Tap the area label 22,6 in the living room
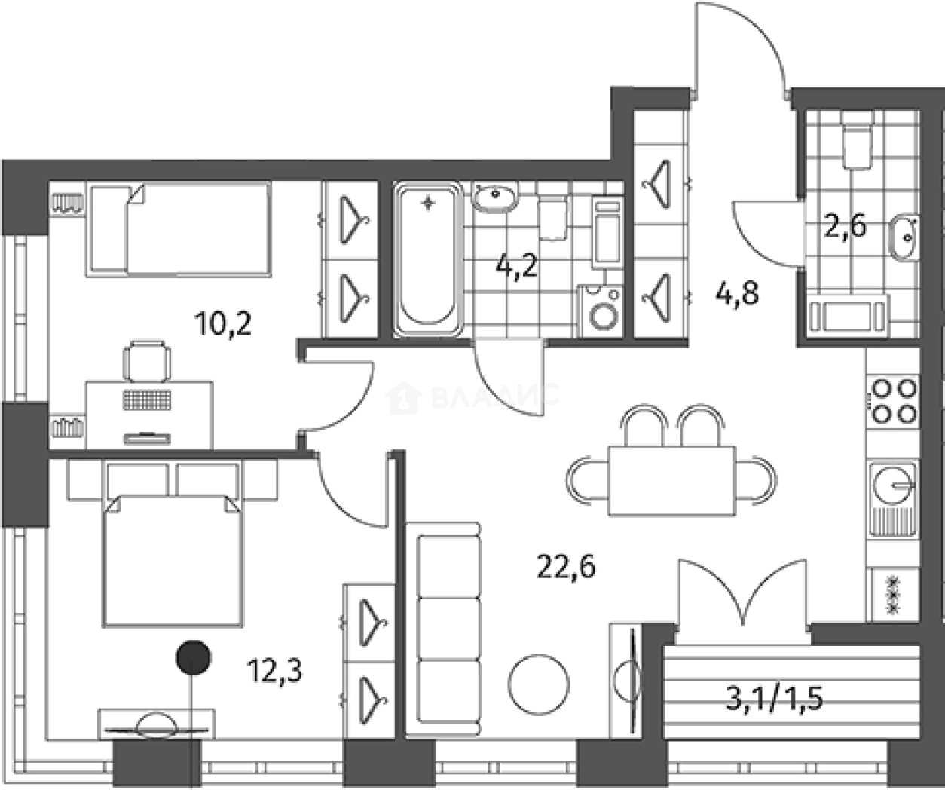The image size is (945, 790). [x=566, y=565]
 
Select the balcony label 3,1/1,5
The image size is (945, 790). [x=774, y=699]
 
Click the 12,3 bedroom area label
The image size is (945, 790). [x=275, y=669]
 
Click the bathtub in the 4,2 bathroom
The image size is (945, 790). [x=427, y=258]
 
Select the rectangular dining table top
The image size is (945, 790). [x=671, y=481]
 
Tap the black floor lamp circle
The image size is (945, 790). [x=193, y=657]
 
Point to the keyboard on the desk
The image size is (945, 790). [x=148, y=400]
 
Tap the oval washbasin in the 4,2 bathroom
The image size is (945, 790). [x=494, y=198]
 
